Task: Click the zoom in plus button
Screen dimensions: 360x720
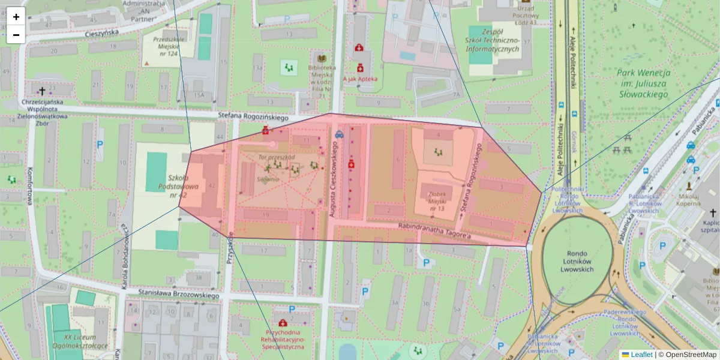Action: click(16, 17)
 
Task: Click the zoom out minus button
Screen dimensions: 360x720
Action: click(16, 35)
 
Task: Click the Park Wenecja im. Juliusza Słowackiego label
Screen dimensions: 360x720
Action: click(643, 83)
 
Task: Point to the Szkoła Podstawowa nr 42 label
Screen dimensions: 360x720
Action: click(175, 187)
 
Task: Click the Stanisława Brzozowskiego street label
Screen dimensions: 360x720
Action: click(178, 295)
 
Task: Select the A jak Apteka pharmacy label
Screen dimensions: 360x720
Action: click(360, 79)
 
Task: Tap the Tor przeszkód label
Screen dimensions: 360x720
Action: click(276, 157)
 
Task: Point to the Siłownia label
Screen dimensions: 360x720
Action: click(269, 179)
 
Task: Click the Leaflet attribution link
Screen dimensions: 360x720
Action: click(641, 355)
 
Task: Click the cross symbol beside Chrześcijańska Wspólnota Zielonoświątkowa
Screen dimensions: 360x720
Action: click(42, 91)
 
